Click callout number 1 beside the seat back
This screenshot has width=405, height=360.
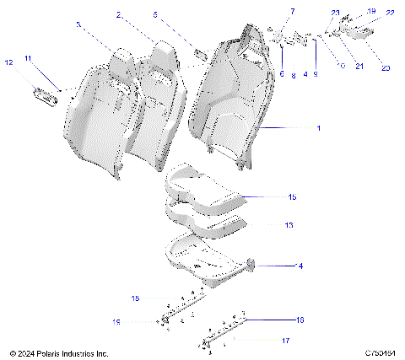[x=318, y=128]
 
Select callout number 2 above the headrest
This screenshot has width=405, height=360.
[x=119, y=15]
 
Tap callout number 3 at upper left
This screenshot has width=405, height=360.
[x=78, y=25]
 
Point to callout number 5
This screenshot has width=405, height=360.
[x=155, y=15]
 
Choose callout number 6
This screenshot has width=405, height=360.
[x=281, y=74]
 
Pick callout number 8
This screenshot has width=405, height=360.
[x=294, y=75]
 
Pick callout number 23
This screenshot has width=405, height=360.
[x=335, y=13]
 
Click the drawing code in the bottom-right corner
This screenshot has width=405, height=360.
[x=381, y=352]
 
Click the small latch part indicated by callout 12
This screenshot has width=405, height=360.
[x=44, y=94]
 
